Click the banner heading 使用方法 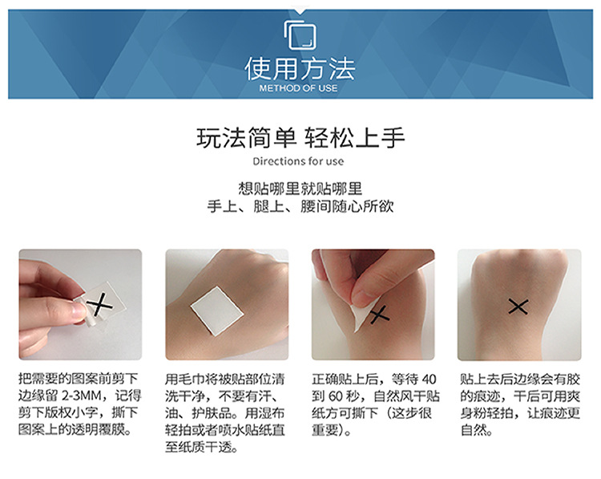tap(300, 67)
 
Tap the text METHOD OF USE tap(300, 87)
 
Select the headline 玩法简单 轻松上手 tap(300, 137)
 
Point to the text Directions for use tap(300, 161)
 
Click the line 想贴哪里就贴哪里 tap(300, 189)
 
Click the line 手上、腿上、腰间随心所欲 tap(300, 207)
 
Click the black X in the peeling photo tap(379, 315)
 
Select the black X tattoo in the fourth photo tap(518, 306)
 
